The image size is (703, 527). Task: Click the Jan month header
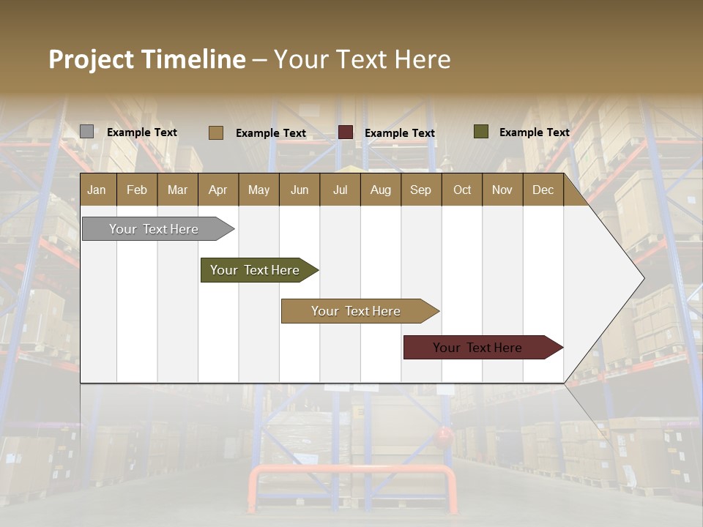[x=97, y=190]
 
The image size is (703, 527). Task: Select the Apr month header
[x=217, y=190]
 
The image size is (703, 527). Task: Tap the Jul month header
[x=340, y=190]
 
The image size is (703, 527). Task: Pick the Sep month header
[x=420, y=190]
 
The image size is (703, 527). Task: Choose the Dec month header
[x=543, y=190]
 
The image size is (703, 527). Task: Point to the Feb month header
[x=137, y=190]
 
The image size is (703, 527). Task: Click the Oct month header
[x=462, y=190]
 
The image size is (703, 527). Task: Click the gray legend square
[x=86, y=132]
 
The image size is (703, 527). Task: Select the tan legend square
[x=216, y=132]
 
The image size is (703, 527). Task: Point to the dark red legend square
[x=346, y=132]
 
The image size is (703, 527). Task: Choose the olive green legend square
[x=481, y=132]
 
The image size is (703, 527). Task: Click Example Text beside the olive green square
[x=534, y=132]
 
